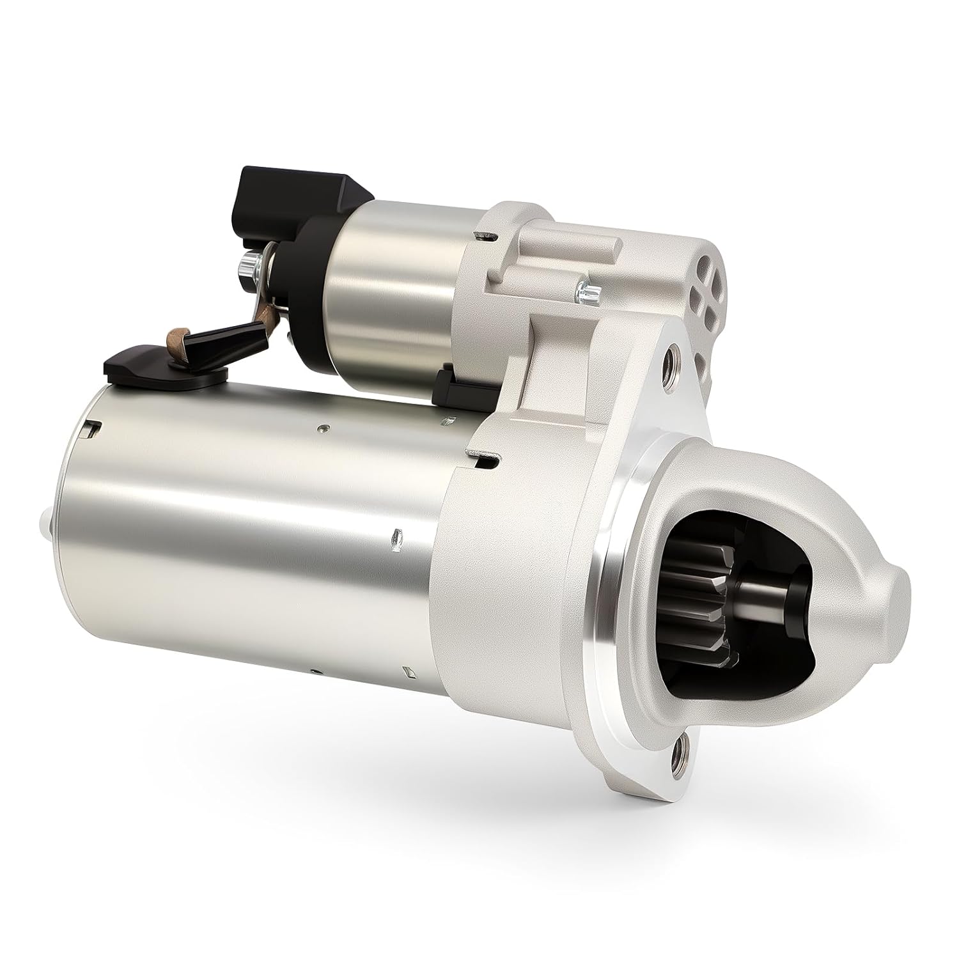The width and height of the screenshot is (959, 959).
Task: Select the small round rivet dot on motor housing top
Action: tap(325, 428)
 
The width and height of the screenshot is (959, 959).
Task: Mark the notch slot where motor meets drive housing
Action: tap(487, 458)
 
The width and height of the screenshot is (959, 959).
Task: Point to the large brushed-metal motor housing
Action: tap(256, 543)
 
